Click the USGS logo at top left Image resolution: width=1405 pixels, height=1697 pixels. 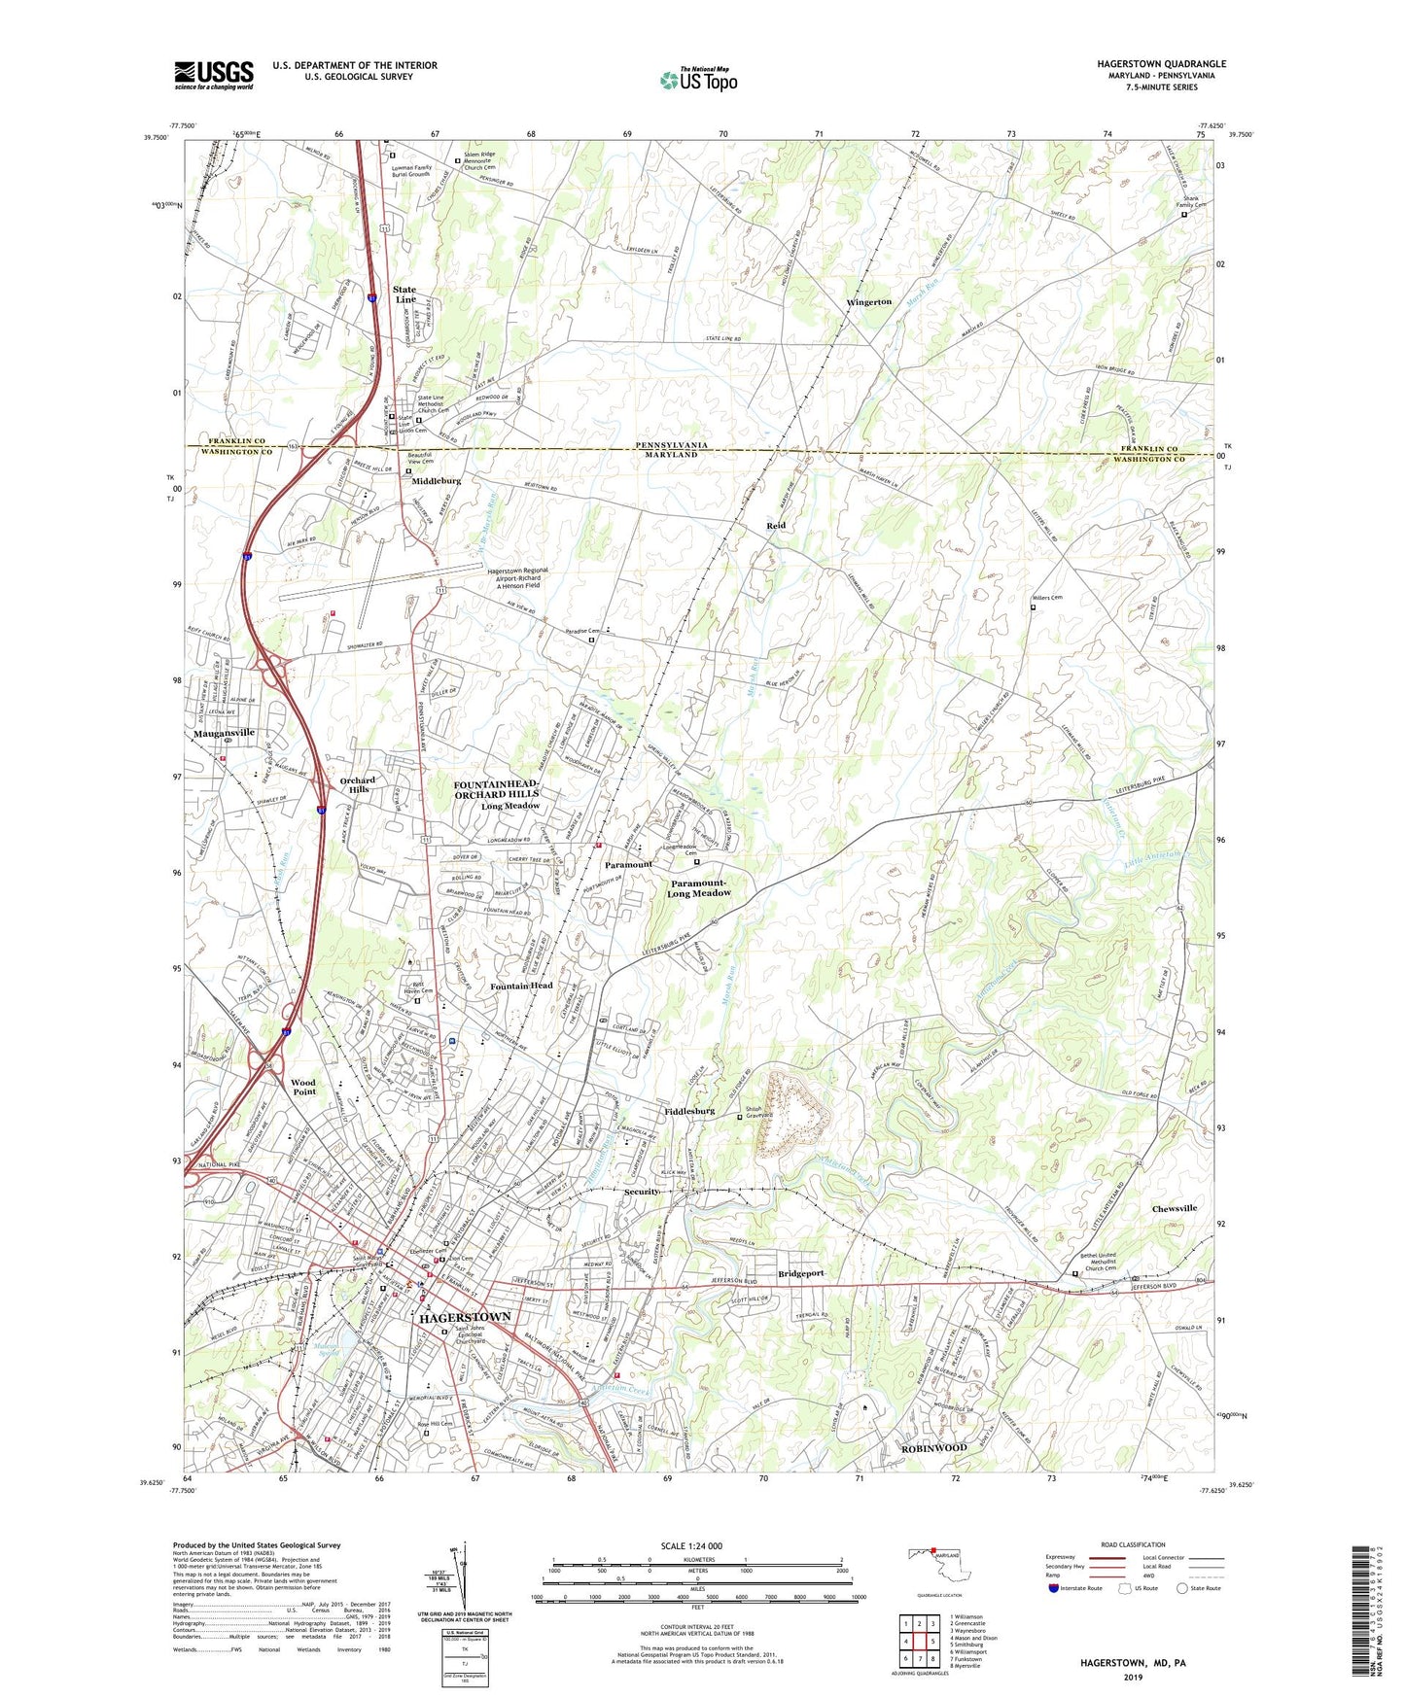coord(214,75)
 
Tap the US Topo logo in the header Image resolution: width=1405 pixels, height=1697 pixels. coord(698,79)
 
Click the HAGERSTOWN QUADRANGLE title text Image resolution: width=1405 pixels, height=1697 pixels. coord(1161,64)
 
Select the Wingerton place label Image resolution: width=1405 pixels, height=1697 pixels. coord(868,302)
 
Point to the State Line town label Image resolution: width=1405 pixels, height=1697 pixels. coord(404,294)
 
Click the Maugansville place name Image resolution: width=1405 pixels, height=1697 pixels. coord(224,733)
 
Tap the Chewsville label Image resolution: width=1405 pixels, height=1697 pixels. coord(1175,1208)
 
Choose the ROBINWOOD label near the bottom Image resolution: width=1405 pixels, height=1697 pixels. coord(933,1447)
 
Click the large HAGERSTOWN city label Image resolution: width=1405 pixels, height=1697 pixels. coord(465,1317)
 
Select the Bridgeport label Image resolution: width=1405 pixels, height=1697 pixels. coord(801,1273)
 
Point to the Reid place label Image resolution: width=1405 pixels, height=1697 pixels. coord(775,526)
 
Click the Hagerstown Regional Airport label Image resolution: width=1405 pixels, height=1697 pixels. coord(518,578)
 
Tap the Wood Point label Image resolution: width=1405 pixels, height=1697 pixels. coord(303,1087)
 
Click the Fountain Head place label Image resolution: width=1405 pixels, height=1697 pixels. coord(521,986)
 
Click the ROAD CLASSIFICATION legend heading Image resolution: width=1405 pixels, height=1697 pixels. coord(1133,1544)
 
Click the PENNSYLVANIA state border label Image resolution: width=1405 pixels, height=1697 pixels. coord(666,445)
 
